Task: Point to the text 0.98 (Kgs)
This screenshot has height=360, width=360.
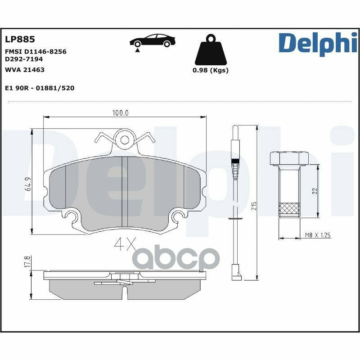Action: [x=210, y=70]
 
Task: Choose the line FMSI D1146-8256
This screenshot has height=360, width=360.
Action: [x=36, y=52]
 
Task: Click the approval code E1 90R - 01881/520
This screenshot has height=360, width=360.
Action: [x=40, y=88]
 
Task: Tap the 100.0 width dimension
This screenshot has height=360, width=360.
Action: [x=121, y=113]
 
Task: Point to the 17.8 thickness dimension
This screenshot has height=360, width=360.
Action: [x=28, y=262]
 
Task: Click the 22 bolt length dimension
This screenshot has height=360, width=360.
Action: [x=315, y=191]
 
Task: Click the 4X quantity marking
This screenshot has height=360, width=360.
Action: [x=125, y=244]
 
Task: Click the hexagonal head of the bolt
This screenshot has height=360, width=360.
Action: [x=288, y=158]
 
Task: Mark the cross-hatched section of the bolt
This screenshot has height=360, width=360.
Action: [x=288, y=210]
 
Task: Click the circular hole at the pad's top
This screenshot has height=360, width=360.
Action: [x=124, y=140]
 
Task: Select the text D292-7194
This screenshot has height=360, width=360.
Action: [x=24, y=59]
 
